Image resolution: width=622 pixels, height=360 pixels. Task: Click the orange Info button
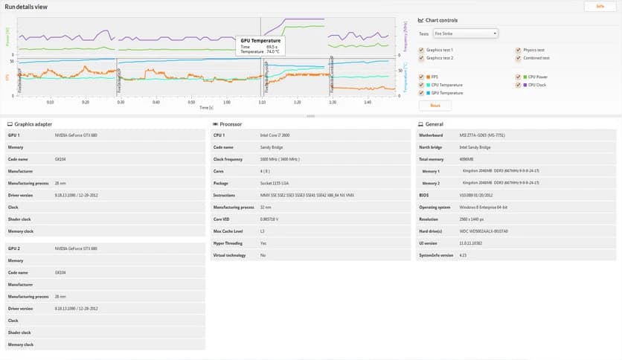tap(600, 6)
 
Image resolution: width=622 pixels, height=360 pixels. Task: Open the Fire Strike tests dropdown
tap(475, 33)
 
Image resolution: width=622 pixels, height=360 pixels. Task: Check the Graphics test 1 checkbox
tap(421, 50)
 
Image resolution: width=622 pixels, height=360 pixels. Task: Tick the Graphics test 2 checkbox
tap(421, 58)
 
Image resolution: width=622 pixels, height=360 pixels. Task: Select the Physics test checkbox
tap(517, 50)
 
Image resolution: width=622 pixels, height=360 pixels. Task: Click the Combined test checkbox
tap(517, 58)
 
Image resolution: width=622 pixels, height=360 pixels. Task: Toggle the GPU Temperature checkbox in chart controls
tap(421, 93)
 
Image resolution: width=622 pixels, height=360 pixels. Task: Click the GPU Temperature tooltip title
tap(260, 41)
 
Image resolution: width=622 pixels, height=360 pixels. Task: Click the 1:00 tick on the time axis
tap(227, 103)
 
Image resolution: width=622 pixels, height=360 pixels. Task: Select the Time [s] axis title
tap(206, 108)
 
